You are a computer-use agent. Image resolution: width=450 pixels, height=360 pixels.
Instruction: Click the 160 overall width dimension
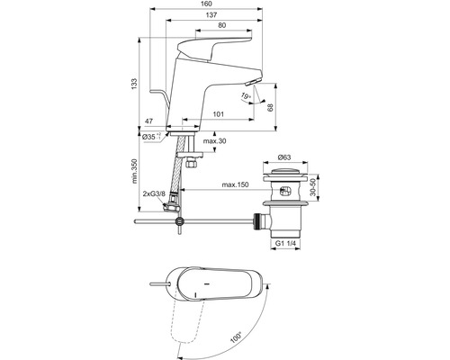[207, 4]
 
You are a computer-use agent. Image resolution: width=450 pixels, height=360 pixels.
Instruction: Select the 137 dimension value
[211, 14]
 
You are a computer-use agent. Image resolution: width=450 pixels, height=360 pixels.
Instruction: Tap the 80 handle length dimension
[222, 25]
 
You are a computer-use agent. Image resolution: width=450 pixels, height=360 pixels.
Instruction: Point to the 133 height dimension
[134, 84]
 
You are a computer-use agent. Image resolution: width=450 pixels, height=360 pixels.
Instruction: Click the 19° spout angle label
[246, 96]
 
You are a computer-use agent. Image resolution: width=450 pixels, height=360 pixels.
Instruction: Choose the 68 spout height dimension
[270, 108]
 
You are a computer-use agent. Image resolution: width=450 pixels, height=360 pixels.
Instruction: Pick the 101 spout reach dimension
[218, 114]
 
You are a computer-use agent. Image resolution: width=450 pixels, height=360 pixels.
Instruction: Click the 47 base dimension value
[149, 121]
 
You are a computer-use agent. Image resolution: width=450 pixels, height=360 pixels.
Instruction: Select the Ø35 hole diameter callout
[151, 137]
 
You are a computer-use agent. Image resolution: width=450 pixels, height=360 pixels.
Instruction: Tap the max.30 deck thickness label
[214, 141]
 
